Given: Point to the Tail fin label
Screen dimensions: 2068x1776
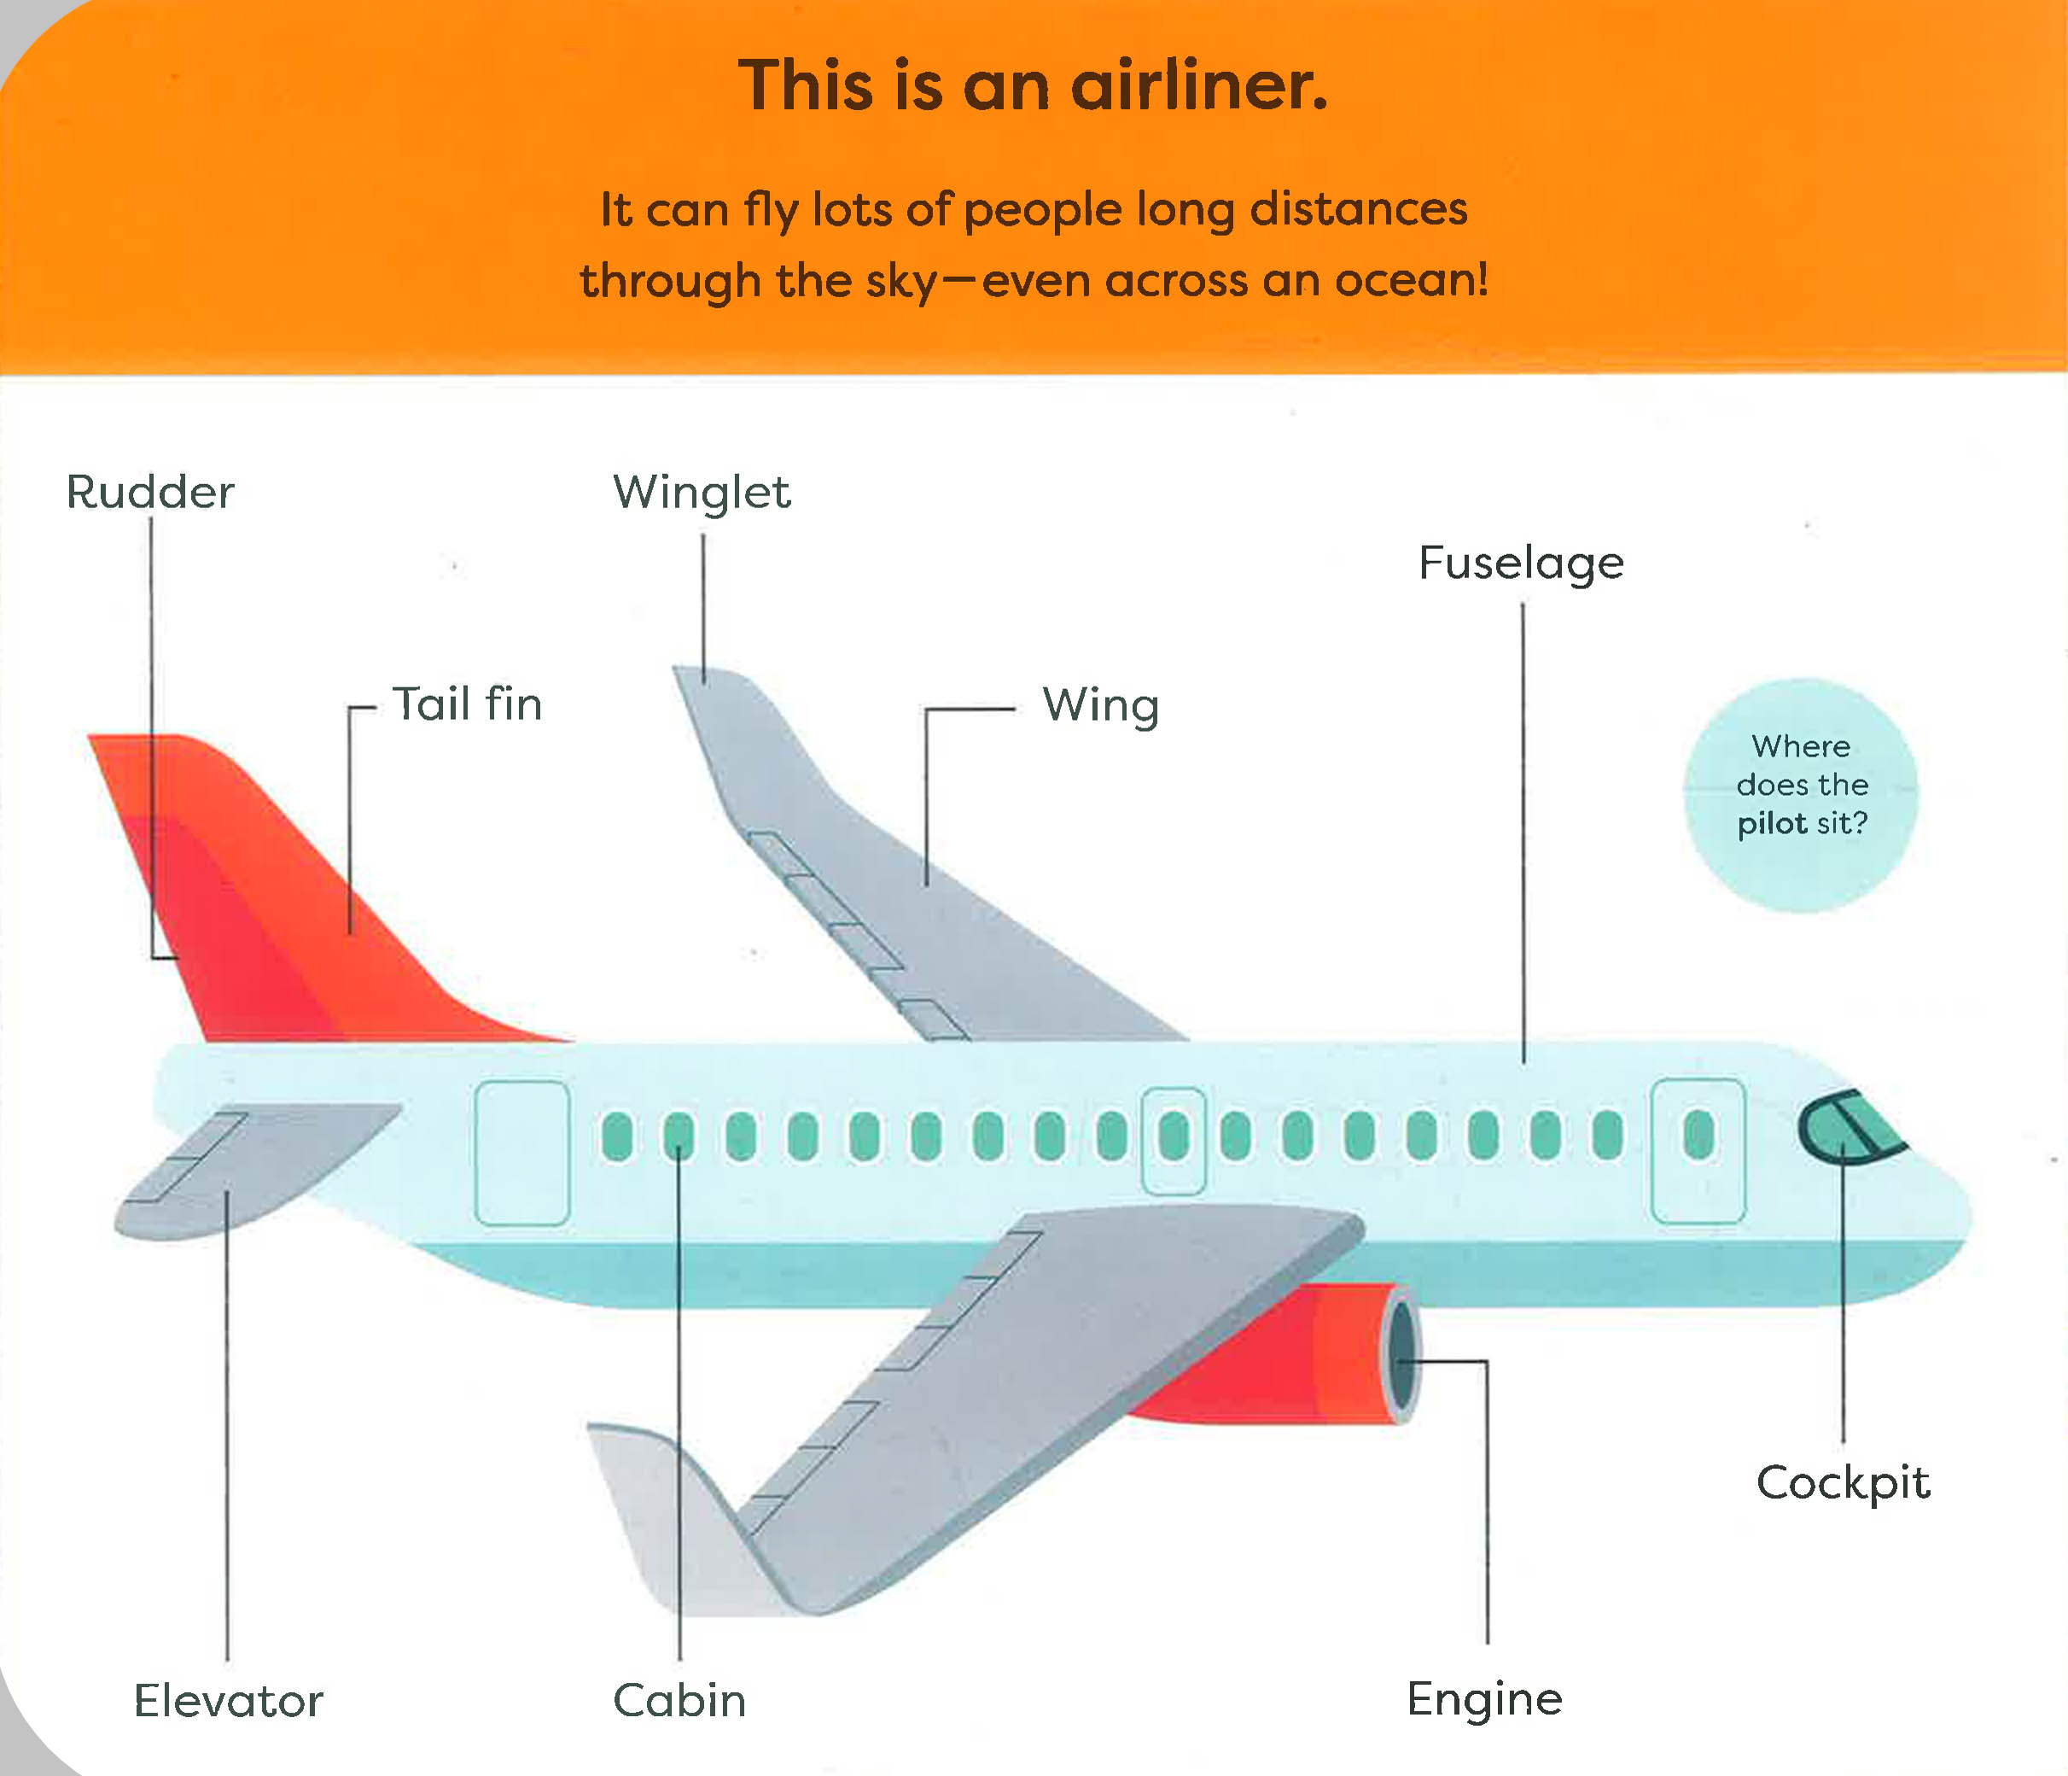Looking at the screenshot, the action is click(x=467, y=704).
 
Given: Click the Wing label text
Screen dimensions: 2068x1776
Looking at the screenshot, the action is click(x=1101, y=707).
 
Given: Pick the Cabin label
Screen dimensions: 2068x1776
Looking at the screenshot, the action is click(x=679, y=1700).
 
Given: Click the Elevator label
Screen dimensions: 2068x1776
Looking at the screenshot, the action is click(x=229, y=1700).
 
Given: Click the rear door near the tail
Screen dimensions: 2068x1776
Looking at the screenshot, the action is click(x=522, y=1153).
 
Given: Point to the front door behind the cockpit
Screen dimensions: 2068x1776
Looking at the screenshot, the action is click(x=1698, y=1151).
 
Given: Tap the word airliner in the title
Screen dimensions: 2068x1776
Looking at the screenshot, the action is click(x=1200, y=86).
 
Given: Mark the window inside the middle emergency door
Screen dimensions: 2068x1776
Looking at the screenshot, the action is click(x=1174, y=1136).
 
